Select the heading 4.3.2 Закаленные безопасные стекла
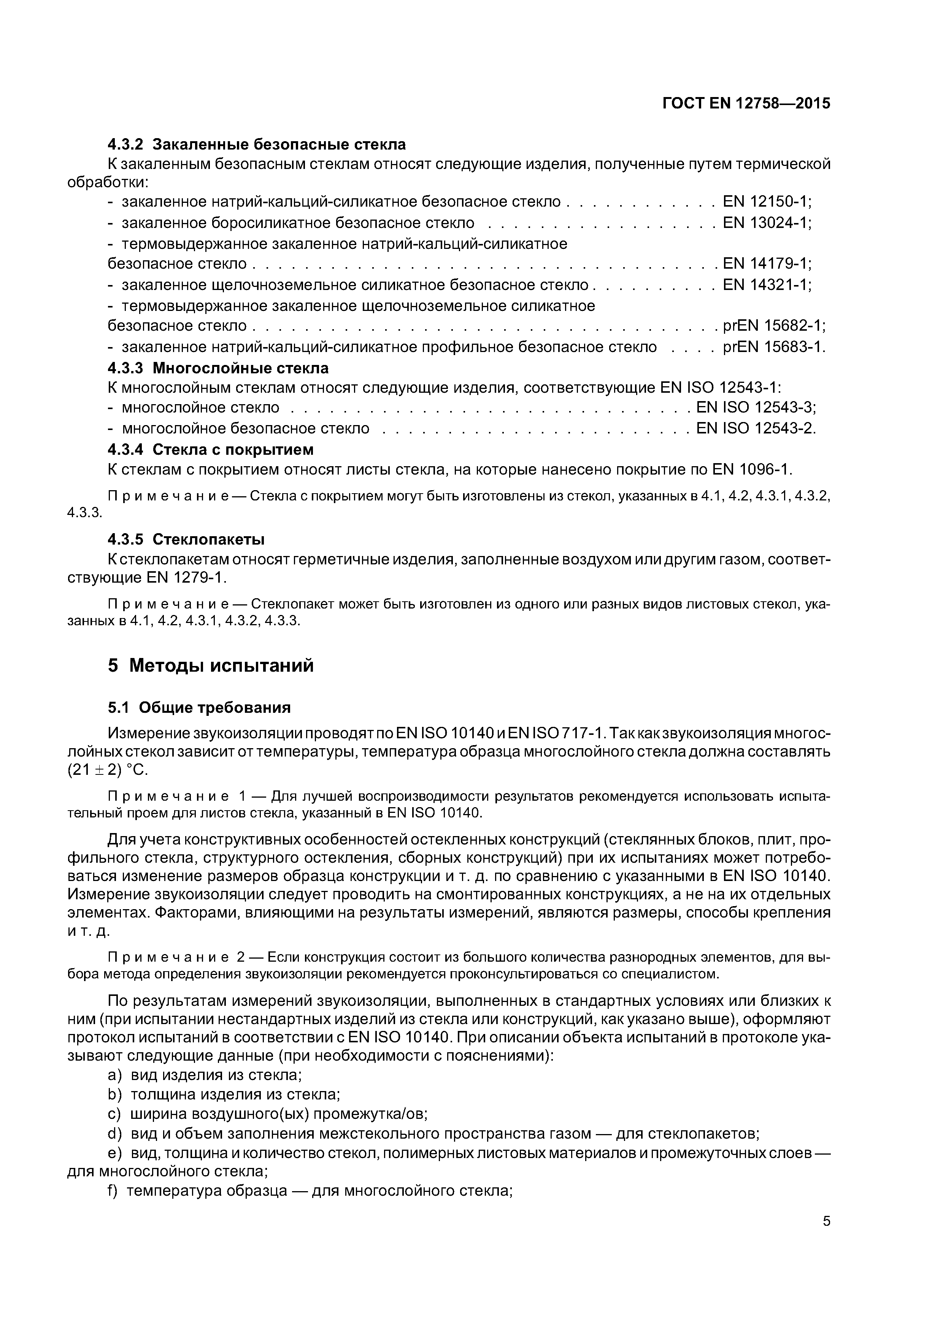click(x=257, y=144)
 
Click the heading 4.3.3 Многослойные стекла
click(x=218, y=368)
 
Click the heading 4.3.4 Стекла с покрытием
click(x=210, y=449)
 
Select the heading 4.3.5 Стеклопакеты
click(x=186, y=540)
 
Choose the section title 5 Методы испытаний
click(x=210, y=666)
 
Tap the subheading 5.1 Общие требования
click(x=199, y=707)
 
